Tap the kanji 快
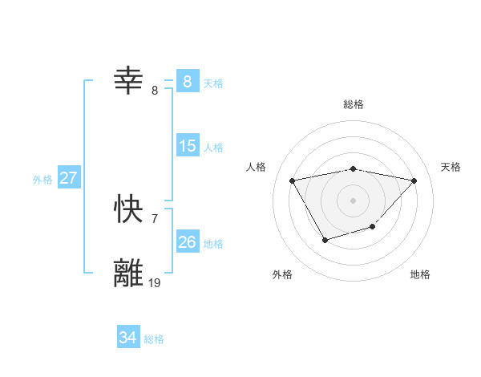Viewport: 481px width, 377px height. click(x=131, y=209)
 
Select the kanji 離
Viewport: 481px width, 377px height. click(x=131, y=274)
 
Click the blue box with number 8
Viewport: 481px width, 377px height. click(x=187, y=81)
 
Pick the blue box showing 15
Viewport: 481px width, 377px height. click(x=187, y=146)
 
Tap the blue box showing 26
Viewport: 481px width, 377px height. click(x=187, y=242)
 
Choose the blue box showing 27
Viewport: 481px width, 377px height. click(x=68, y=178)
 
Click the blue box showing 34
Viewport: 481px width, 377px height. click(x=127, y=338)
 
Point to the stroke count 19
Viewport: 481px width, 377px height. click(x=155, y=282)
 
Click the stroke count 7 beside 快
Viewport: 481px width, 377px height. click(x=154, y=218)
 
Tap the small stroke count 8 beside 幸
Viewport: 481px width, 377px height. click(x=155, y=90)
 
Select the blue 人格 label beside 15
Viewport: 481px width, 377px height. click(x=213, y=148)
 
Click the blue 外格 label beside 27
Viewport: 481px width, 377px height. click(x=42, y=180)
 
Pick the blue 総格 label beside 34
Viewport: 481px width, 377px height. click(x=154, y=339)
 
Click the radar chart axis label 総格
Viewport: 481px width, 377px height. click(x=354, y=104)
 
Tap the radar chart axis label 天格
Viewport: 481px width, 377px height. click(x=451, y=167)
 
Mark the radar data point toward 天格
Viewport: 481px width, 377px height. click(x=414, y=180)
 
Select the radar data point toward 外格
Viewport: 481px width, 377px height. click(x=324, y=240)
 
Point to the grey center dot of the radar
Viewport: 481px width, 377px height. click(x=354, y=200)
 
